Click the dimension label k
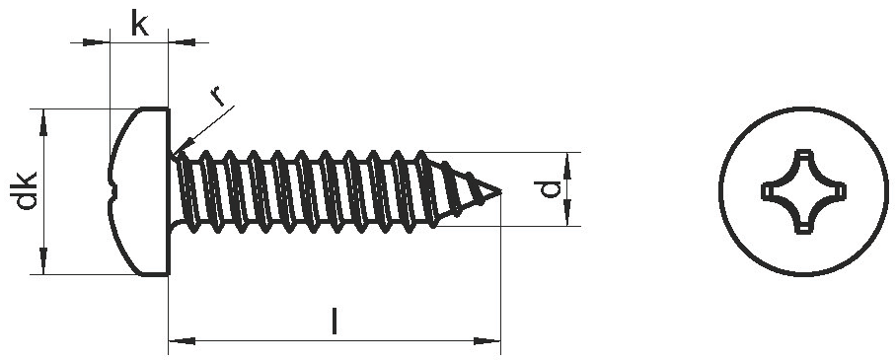point(139,24)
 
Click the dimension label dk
point(27,190)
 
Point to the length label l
point(335,322)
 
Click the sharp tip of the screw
point(501,192)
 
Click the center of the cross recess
point(803,191)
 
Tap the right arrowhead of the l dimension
point(486,341)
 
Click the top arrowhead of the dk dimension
point(43,121)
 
